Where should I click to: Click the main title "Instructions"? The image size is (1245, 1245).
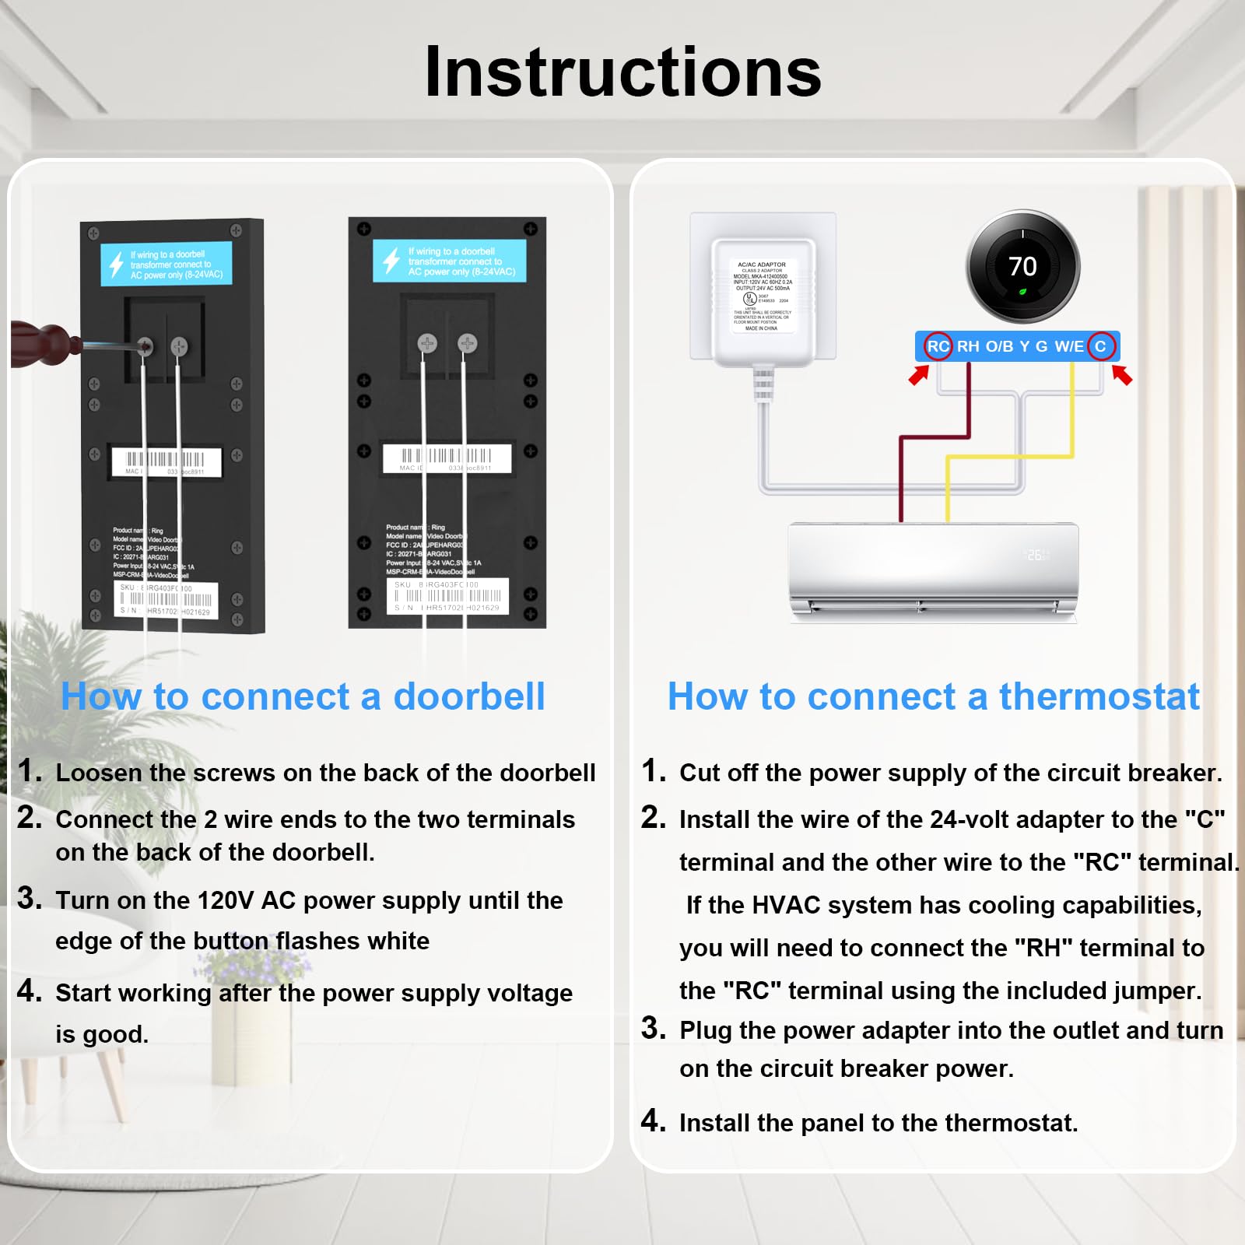tap(622, 72)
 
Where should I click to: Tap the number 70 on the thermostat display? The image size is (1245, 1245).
tap(1022, 267)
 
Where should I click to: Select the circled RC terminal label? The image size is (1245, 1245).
tap(938, 346)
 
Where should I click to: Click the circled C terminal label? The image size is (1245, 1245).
tap(1100, 346)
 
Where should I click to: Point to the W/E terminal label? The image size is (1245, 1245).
tap(1068, 346)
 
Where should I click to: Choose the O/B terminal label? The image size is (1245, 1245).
tap(999, 346)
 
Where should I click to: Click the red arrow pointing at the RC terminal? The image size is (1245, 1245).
tap(919, 375)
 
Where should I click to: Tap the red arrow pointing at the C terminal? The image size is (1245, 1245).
tap(1122, 375)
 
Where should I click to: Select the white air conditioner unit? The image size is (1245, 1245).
tap(933, 572)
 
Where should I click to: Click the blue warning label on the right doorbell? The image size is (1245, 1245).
tap(450, 261)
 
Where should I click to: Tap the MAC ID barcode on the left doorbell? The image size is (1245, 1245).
tap(166, 461)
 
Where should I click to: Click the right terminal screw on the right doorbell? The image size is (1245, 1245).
tap(467, 342)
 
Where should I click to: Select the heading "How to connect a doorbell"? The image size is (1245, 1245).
tap(303, 696)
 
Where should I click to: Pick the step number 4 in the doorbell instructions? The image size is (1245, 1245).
tap(29, 991)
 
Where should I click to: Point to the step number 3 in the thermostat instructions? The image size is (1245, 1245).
tap(653, 1028)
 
